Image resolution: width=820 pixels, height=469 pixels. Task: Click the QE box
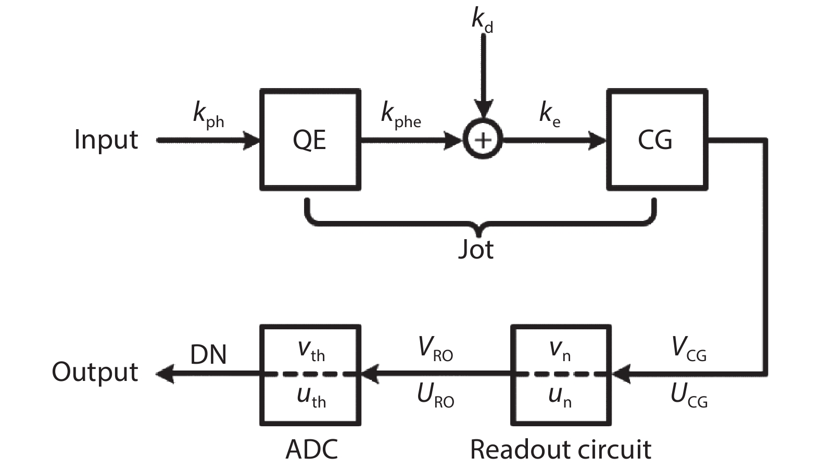pos(310,140)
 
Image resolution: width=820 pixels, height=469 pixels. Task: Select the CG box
pos(657,140)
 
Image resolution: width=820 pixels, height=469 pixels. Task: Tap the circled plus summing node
pos(483,140)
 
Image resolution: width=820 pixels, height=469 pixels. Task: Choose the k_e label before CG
pos(550,115)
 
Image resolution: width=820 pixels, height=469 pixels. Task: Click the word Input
pos(106,140)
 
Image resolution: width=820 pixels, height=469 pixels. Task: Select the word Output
pos(95,372)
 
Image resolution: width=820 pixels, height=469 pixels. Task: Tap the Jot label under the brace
pos(476,249)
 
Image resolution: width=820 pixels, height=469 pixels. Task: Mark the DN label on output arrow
pos(208,355)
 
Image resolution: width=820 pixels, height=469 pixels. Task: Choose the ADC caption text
pos(311,449)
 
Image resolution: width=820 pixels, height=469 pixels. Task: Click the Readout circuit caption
pos(560,449)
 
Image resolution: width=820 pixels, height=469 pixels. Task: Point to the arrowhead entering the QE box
pos(252,140)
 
